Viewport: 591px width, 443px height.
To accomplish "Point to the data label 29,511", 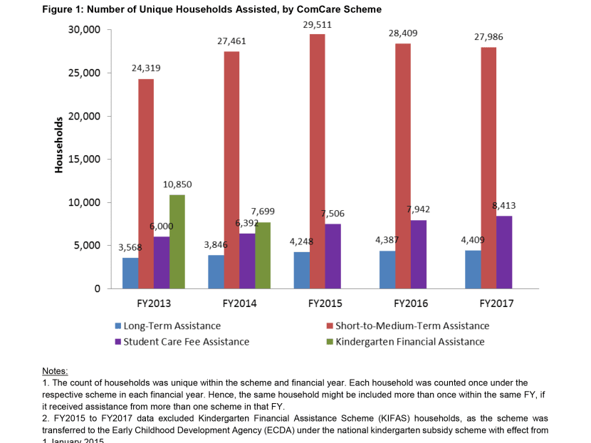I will pyautogui.click(x=318, y=24).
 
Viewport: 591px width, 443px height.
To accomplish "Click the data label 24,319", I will pyautogui.click(x=146, y=68).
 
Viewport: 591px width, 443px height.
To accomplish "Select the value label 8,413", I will pyautogui.click(x=503, y=206).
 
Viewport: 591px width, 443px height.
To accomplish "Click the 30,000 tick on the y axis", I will pyautogui.click(x=84, y=30).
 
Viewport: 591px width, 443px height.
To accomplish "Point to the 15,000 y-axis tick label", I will pyautogui.click(x=84, y=160).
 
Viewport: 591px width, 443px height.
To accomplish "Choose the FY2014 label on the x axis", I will pyautogui.click(x=238, y=303).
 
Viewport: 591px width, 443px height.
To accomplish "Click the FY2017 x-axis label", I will pyautogui.click(x=496, y=303).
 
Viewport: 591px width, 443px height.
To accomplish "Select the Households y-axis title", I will pyautogui.click(x=59, y=145).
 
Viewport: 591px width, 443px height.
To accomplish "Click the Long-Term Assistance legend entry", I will pyautogui.click(x=172, y=325).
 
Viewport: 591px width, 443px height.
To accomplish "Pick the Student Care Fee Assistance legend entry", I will pyautogui.click(x=186, y=342).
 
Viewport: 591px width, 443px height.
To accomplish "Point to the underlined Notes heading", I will pyautogui.click(x=55, y=371).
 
